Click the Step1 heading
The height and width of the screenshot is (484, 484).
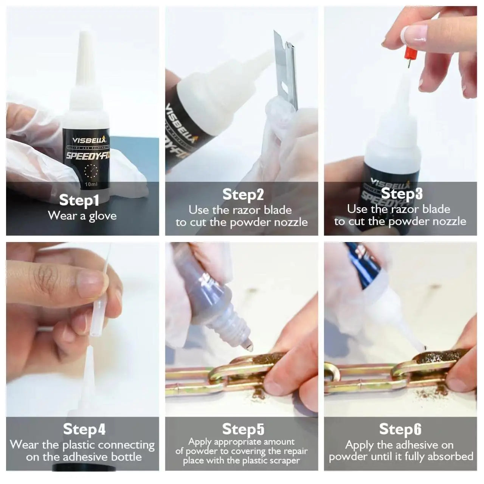click(x=79, y=200)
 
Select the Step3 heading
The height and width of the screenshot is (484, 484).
click(x=402, y=193)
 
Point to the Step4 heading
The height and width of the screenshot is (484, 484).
click(x=84, y=429)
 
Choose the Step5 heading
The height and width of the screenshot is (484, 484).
click(x=243, y=429)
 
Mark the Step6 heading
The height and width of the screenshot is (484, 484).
click(x=400, y=429)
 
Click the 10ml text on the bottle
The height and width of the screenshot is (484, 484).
click(x=91, y=184)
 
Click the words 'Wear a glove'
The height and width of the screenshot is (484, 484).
click(x=82, y=216)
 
